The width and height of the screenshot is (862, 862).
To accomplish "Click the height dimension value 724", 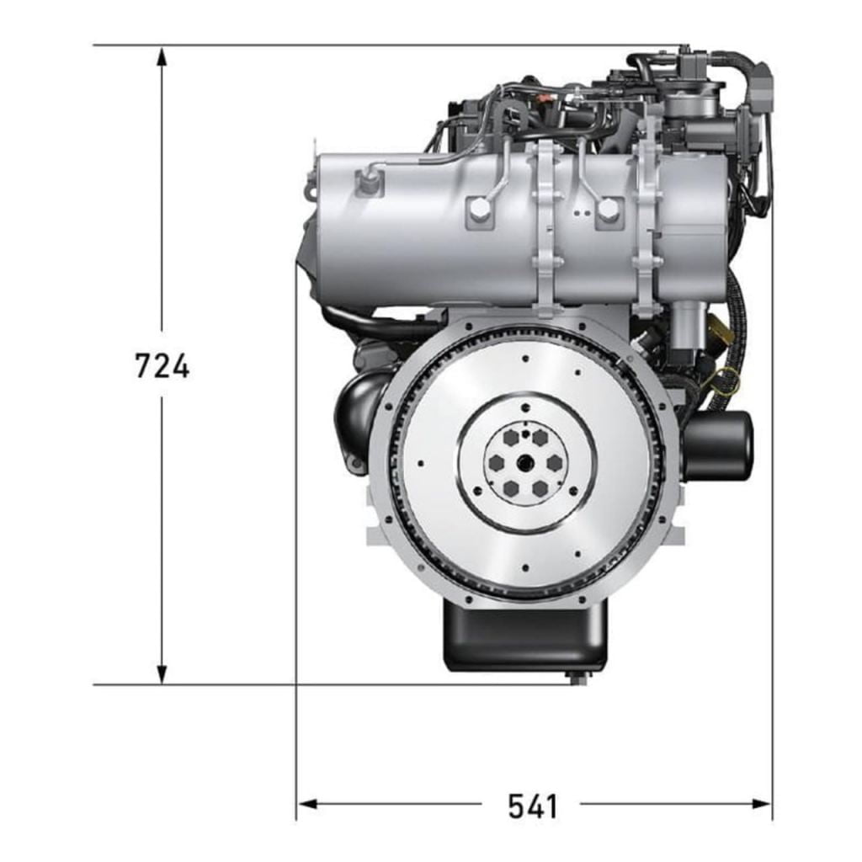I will (162, 366).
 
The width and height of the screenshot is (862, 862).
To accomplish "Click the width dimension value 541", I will (532, 806).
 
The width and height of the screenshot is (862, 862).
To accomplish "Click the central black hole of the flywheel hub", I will (525, 462).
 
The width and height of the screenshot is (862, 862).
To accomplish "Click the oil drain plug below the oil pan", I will (577, 678).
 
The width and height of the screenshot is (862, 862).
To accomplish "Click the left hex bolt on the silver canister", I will (479, 209).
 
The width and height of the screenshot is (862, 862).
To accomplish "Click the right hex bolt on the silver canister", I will (608, 210).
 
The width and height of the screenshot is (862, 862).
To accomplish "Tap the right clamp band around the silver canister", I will (646, 227).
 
